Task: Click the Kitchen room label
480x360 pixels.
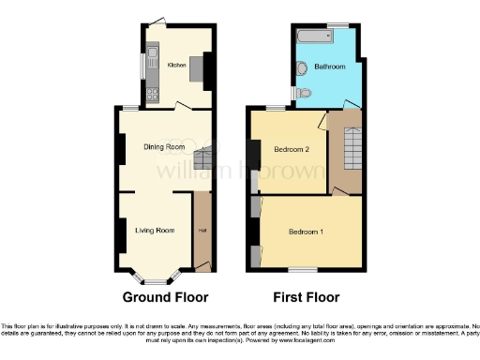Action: coord(175,66)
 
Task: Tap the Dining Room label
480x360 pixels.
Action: coord(162,147)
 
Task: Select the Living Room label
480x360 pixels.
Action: coord(155,230)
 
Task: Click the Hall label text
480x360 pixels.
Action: coord(201,231)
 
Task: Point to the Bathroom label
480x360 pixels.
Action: coord(330,67)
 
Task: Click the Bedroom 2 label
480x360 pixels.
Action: coord(292,149)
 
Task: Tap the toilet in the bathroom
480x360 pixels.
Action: coord(302,68)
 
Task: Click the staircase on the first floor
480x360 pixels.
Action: coord(353,147)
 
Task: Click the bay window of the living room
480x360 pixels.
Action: coord(155,277)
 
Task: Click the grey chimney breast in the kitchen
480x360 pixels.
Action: coord(199,69)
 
